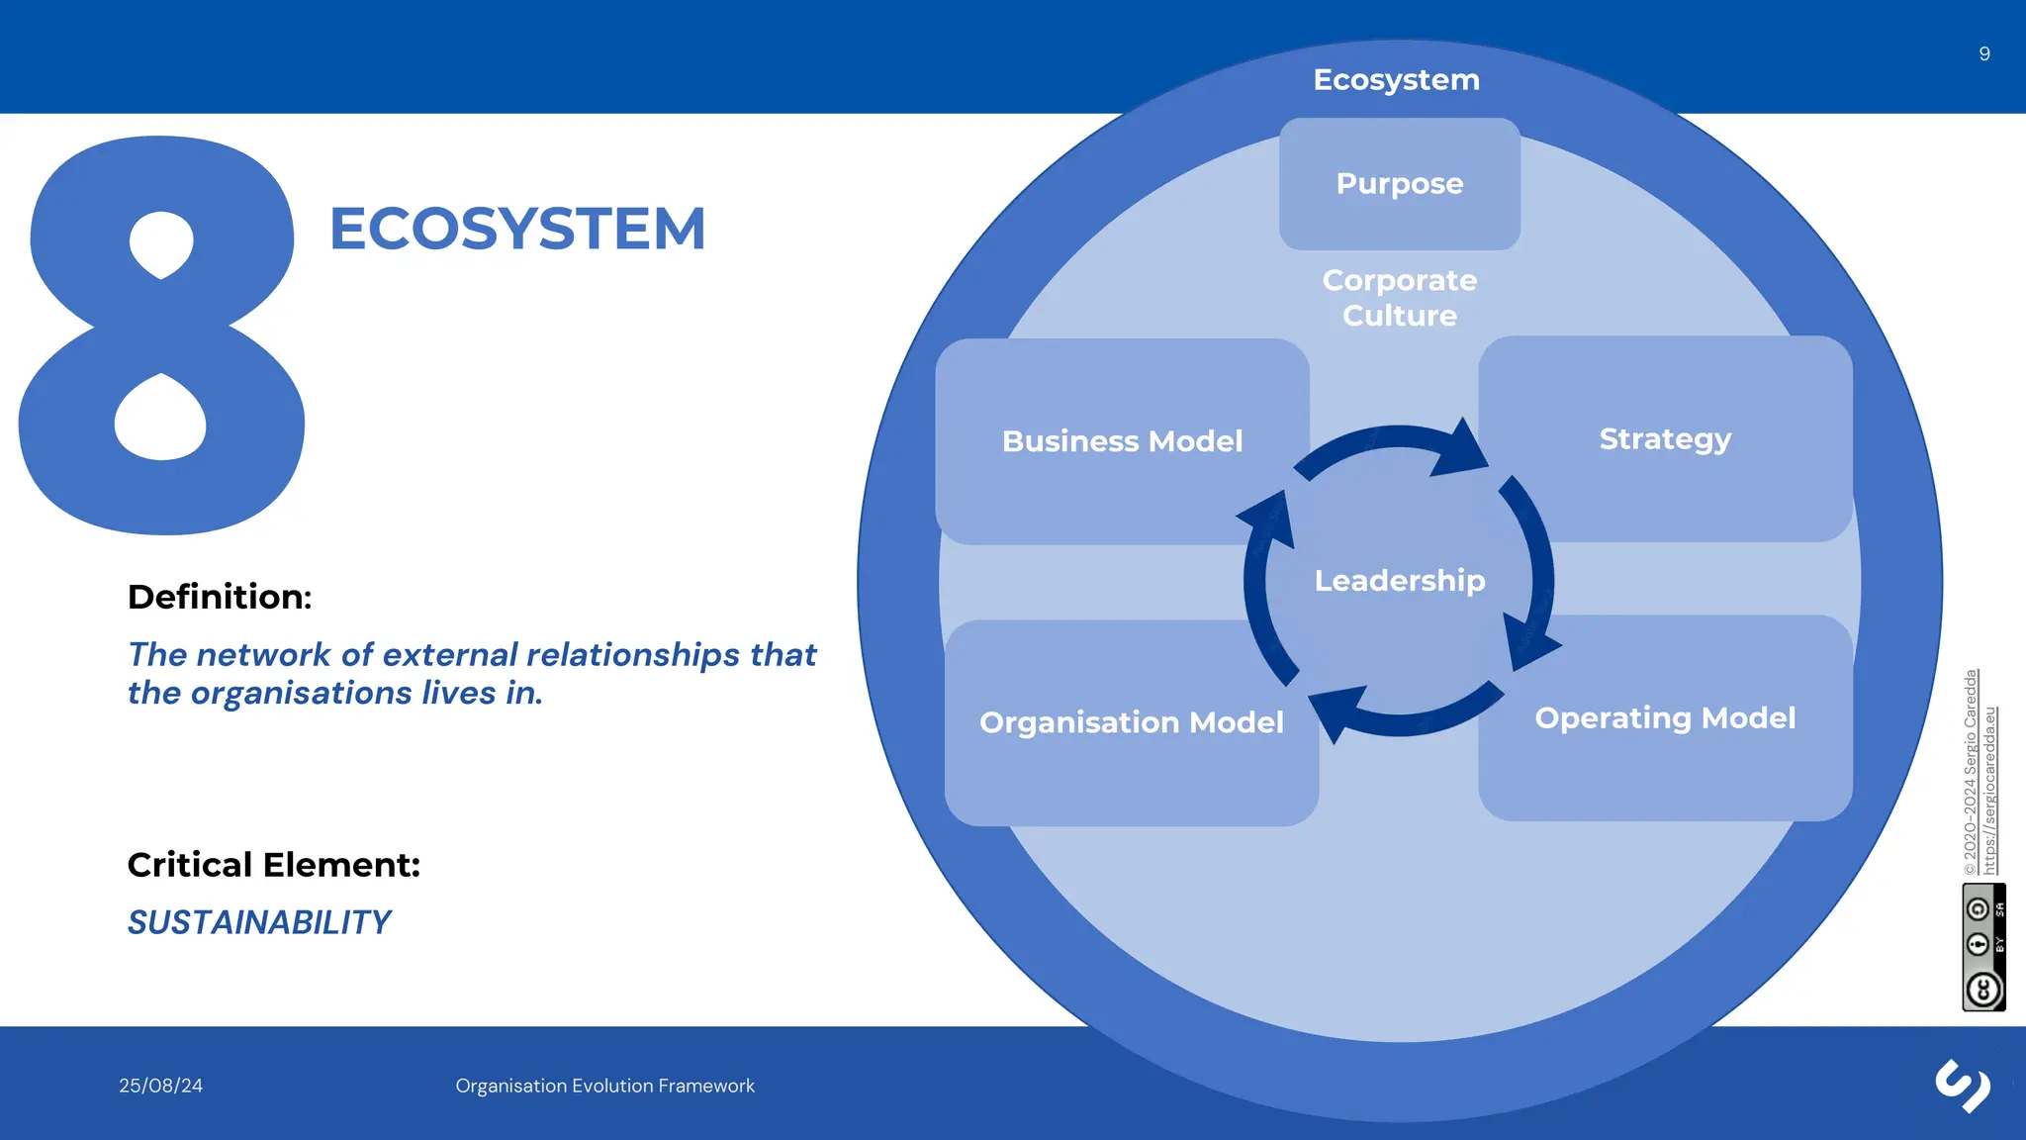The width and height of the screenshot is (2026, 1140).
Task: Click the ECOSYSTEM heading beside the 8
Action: pyautogui.click(x=517, y=229)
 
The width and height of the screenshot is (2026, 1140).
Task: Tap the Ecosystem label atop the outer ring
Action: pyautogui.click(x=1396, y=80)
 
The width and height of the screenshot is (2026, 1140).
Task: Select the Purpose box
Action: pyautogui.click(x=1399, y=184)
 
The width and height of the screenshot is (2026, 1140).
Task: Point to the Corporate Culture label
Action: pyautogui.click(x=1399, y=298)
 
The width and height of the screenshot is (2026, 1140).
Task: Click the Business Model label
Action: pyautogui.click(x=1122, y=441)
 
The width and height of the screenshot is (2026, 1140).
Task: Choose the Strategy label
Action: pyautogui.click(x=1665, y=438)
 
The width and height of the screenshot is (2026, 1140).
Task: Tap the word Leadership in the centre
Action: pyautogui.click(x=1399, y=581)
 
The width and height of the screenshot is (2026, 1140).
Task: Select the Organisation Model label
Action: pyautogui.click(x=1131, y=722)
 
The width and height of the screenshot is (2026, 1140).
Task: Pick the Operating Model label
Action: pyautogui.click(x=1665, y=717)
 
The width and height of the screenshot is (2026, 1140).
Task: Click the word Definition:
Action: pyautogui.click(x=220, y=597)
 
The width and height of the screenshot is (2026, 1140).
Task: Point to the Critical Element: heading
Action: pyautogui.click(x=274, y=865)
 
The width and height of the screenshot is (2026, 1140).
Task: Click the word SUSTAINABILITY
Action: pyautogui.click(x=259, y=922)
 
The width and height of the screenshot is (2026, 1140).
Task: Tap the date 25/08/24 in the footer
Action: pyautogui.click(x=160, y=1086)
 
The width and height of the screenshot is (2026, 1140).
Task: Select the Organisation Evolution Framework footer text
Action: pyautogui.click(x=604, y=1086)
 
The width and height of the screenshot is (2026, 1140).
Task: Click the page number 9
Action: pyautogui.click(x=1983, y=54)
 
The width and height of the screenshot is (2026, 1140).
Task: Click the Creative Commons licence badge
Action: pyautogui.click(x=1983, y=947)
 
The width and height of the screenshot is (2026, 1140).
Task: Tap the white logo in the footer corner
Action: pyautogui.click(x=1963, y=1086)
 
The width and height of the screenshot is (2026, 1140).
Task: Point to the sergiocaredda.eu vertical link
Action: pyautogui.click(x=1990, y=791)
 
